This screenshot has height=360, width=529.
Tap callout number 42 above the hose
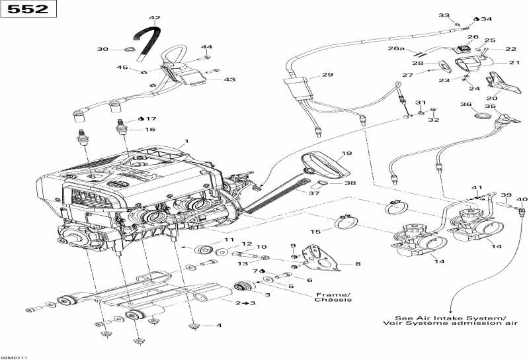pyautogui.click(x=155, y=18)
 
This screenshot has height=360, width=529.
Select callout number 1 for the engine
pyautogui.click(x=187, y=141)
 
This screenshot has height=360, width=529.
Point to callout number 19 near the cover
pyautogui.click(x=346, y=153)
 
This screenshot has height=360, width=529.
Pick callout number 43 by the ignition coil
pyautogui.click(x=229, y=79)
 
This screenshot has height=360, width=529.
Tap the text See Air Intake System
pyautogui.click(x=449, y=318)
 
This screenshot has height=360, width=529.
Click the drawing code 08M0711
pyautogui.click(x=14, y=356)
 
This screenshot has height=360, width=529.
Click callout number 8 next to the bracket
pyautogui.click(x=358, y=263)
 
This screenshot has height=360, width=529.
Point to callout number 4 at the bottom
pyautogui.click(x=219, y=326)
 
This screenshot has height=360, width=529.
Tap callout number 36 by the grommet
pyautogui.click(x=466, y=105)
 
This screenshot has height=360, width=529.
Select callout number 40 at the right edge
pyautogui.click(x=522, y=199)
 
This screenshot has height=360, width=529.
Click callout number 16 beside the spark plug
pyautogui.click(x=150, y=130)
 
